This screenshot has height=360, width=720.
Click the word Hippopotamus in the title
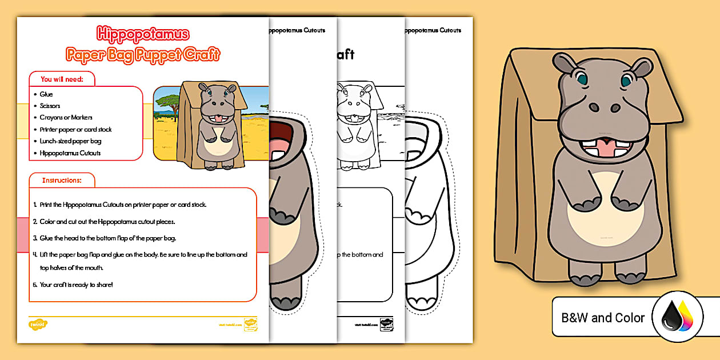(x=142, y=35)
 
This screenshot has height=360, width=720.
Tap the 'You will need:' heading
(x=62, y=79)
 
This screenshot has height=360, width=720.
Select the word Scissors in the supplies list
(x=50, y=106)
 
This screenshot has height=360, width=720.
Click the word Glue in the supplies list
(x=46, y=94)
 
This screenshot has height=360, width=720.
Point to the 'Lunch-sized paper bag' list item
(x=70, y=141)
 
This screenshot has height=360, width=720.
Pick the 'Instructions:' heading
(x=62, y=181)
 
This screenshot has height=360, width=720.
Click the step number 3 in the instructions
(x=35, y=238)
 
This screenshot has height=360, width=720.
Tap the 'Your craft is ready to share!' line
(x=76, y=284)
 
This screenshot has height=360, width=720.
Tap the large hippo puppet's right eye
(x=627, y=79)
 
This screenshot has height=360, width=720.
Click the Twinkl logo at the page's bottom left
(x=38, y=325)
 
